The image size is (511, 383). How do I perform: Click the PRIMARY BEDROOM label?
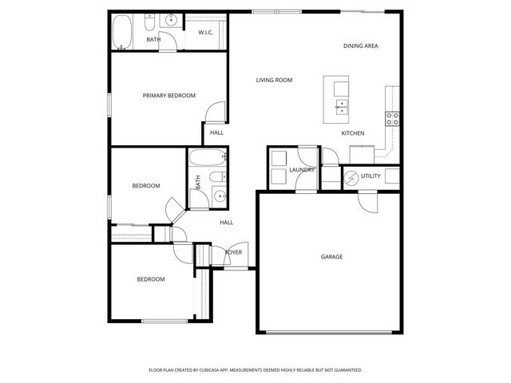pos(168,96)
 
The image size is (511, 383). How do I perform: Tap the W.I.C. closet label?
pos(206,32)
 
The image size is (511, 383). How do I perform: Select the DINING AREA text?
pos(360,46)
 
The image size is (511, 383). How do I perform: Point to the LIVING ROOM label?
pos(274,80)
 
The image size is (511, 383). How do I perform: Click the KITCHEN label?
pos(353,133)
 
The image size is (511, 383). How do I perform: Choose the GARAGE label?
pos(331,256)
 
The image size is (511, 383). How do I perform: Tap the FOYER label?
pos(233,252)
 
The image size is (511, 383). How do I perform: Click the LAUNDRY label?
pos(302,169)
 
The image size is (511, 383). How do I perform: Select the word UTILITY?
pos(370,176)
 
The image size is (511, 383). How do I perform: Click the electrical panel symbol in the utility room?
pos(351,176)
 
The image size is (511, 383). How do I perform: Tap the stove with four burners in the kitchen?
pos(392,119)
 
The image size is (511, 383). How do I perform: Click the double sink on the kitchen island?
pos(341,105)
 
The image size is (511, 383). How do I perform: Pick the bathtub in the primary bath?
pos(123,32)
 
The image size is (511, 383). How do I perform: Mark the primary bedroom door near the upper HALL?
pos(213,116)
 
